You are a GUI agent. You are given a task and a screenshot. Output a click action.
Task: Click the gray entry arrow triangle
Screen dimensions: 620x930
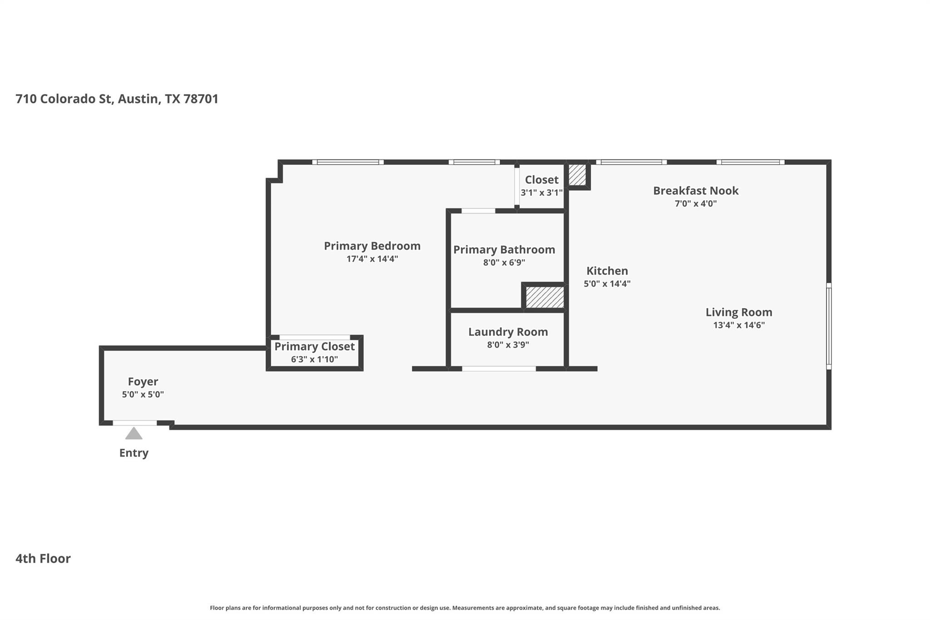[134, 434]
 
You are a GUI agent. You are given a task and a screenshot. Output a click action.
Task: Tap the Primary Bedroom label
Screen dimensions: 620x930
[372, 246]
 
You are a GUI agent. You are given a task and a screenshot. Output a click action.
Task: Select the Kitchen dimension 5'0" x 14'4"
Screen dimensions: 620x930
[607, 284]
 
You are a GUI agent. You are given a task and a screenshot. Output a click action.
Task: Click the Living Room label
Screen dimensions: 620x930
[738, 312]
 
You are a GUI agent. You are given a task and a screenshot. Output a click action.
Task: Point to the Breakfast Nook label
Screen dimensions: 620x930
[695, 191]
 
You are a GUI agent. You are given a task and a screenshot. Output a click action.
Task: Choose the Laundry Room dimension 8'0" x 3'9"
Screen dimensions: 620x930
[508, 345]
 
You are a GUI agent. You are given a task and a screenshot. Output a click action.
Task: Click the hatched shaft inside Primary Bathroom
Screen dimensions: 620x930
[544, 297]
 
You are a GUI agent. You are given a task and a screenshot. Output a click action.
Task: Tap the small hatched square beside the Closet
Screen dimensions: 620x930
[577, 175]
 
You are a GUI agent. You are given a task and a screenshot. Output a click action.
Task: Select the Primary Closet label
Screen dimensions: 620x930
[314, 347]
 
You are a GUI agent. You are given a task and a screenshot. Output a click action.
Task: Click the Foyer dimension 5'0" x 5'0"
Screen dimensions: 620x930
[143, 394]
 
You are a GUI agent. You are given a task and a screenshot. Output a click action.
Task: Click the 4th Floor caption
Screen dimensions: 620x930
[43, 558]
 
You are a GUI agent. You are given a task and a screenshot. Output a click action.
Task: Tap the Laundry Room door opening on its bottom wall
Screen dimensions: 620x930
[499, 369]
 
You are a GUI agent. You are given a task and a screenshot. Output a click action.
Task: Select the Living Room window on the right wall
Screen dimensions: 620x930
[828, 326]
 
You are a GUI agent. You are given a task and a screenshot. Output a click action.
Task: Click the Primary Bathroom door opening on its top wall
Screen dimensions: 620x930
[478, 211]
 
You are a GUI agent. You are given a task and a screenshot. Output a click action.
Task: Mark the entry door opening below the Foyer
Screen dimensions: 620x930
[135, 423]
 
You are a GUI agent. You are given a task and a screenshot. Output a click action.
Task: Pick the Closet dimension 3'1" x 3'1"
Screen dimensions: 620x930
[541, 193]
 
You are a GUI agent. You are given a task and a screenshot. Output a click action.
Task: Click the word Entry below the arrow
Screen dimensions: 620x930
[134, 453]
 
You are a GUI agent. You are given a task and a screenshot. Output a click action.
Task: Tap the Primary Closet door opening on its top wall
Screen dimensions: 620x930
[314, 337]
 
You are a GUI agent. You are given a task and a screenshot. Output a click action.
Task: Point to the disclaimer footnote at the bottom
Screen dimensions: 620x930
[465, 608]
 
